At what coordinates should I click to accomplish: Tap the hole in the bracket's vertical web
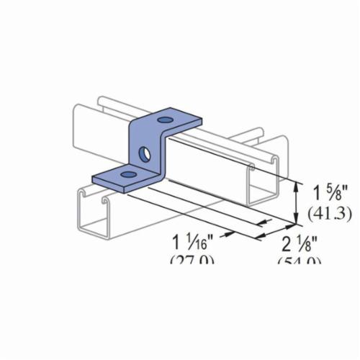point(145,153)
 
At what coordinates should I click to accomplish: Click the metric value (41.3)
point(324,213)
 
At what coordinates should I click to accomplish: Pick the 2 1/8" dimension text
point(300,243)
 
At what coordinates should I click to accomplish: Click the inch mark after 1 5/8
point(341,192)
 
